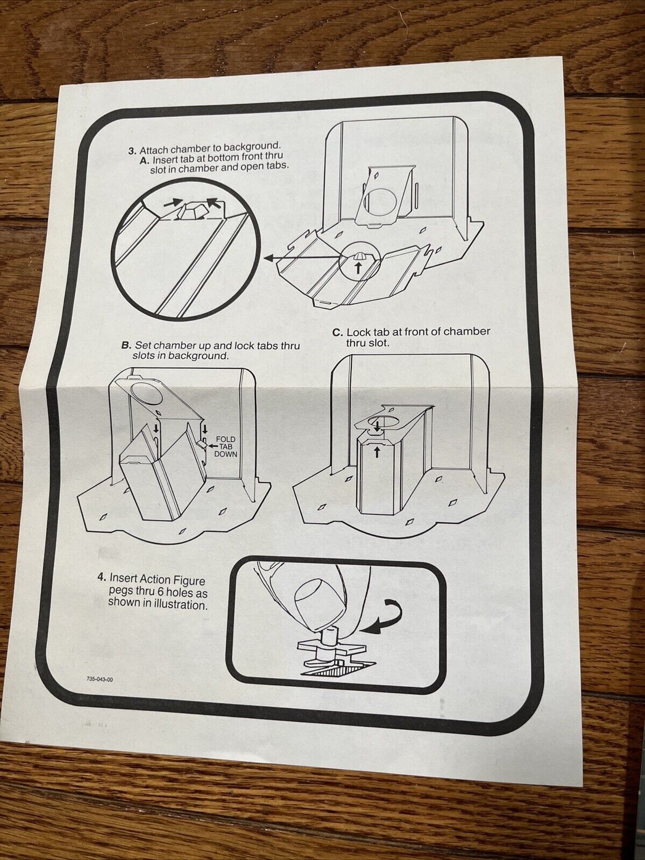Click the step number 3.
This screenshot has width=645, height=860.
[x=132, y=151]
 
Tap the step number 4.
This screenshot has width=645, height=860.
[x=102, y=578]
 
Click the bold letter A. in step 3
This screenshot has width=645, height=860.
[x=144, y=161]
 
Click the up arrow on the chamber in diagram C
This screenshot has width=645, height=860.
[x=377, y=453]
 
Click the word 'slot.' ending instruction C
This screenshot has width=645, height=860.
[x=380, y=343]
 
